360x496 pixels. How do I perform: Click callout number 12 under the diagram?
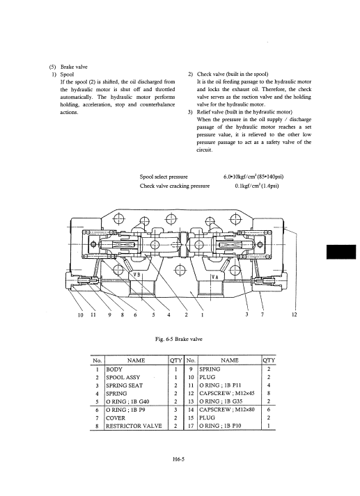[295, 314]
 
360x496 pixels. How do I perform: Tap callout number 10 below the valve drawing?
[80, 314]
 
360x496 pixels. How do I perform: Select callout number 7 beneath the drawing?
[263, 314]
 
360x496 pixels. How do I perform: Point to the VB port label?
[136, 275]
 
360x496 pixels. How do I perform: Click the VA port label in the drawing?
[215, 277]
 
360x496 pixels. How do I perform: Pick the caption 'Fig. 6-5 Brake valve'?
[178, 339]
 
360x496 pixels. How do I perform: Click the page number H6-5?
[178, 459]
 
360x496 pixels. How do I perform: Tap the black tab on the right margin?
[341, 252]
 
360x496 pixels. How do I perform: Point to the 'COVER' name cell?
[116, 418]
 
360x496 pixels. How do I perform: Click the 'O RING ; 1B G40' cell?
[127, 401]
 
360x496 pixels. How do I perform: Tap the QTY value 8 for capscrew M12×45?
[269, 394]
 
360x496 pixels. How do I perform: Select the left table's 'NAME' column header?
[136, 360]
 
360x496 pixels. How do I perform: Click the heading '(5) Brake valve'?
[68, 67]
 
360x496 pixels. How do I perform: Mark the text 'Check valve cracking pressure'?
[175, 186]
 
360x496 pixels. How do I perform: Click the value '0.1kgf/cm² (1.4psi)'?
[257, 186]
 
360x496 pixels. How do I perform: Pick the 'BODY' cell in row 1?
[114, 369]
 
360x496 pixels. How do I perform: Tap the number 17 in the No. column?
[191, 426]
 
